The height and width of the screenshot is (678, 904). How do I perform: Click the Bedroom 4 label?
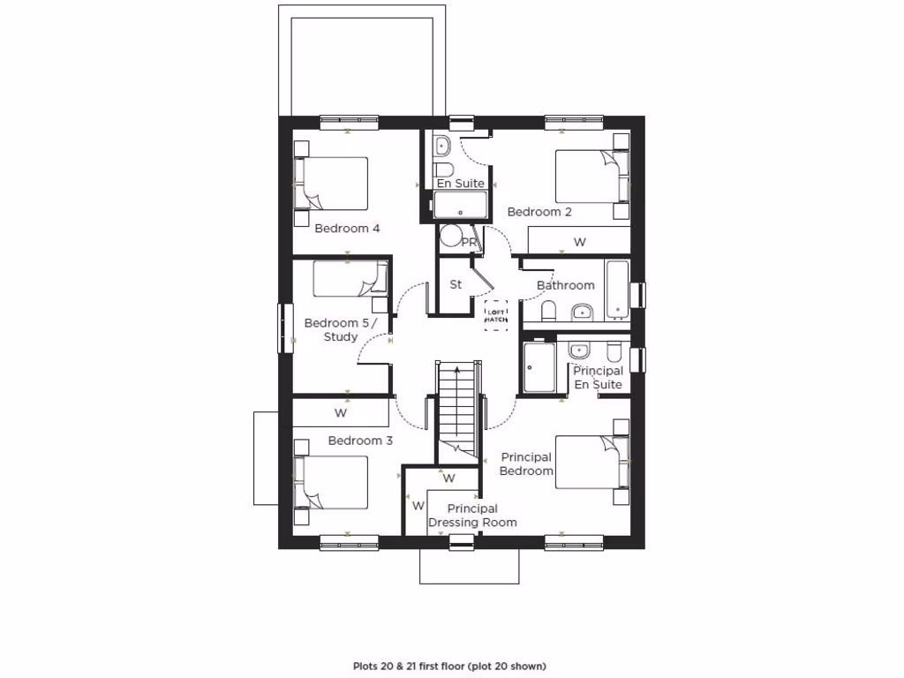(x=347, y=229)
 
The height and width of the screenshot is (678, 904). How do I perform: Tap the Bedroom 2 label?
(x=539, y=212)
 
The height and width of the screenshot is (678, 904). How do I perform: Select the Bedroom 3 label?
(x=360, y=441)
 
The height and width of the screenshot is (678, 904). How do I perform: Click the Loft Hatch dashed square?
(x=496, y=315)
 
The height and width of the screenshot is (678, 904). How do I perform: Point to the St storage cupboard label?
(x=456, y=284)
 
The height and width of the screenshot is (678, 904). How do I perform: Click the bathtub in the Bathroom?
(x=616, y=289)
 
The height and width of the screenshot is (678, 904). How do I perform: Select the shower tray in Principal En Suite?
(x=539, y=367)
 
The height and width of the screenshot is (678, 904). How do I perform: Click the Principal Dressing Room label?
(x=472, y=516)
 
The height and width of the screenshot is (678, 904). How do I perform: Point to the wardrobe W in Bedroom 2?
(x=579, y=241)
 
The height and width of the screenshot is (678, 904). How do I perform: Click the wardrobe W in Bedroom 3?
(x=341, y=412)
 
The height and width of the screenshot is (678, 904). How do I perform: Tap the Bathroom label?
(x=565, y=285)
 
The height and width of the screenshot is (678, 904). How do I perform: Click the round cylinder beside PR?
(x=452, y=237)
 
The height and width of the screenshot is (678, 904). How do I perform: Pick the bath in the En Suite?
(x=460, y=206)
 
